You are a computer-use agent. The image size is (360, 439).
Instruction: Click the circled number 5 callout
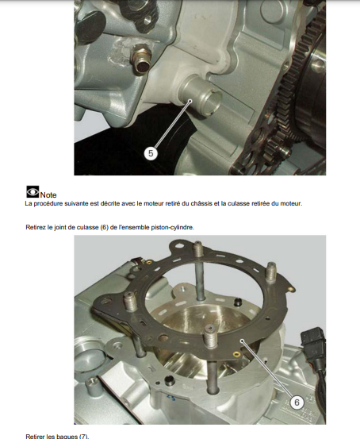pyautogui.click(x=151, y=153)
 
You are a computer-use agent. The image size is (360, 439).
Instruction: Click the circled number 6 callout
pyautogui.click(x=297, y=402)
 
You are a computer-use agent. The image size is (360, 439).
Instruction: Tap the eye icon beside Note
pyautogui.click(x=33, y=192)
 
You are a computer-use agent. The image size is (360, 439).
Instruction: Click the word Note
pyautogui.click(x=48, y=194)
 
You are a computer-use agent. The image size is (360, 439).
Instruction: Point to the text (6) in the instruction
pyautogui.click(x=104, y=227)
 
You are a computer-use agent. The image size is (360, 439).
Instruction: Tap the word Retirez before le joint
pyautogui.click(x=36, y=227)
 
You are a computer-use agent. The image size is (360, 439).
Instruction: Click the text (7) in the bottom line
pyautogui.click(x=83, y=436)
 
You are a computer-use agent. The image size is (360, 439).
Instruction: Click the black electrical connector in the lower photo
pyautogui.click(x=312, y=341)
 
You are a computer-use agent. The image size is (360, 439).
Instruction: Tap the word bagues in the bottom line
pyautogui.click(x=67, y=436)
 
